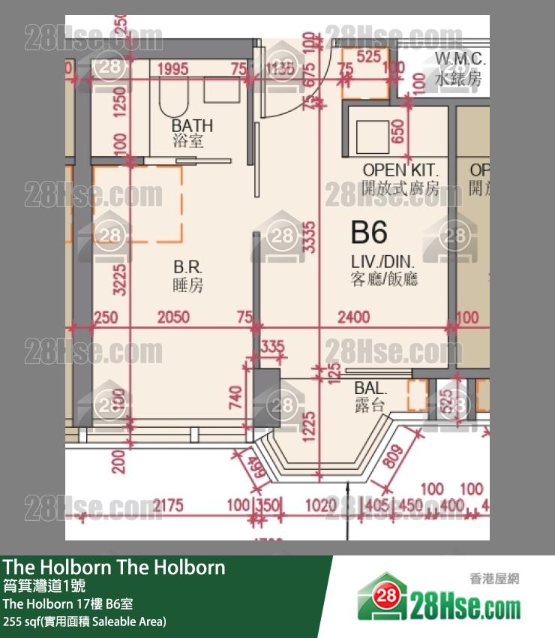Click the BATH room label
pyautogui.click(x=192, y=125)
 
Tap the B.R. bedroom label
pyautogui.click(x=187, y=268)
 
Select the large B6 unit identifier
pyautogui.click(x=369, y=233)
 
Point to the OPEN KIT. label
pyautogui.click(x=400, y=170)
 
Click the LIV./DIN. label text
pyautogui.click(x=384, y=263)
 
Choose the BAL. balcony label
pyautogui.click(x=370, y=389)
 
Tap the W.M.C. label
pyautogui.click(x=460, y=59)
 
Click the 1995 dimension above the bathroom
pyautogui.click(x=172, y=69)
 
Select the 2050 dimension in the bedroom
pyautogui.click(x=173, y=317)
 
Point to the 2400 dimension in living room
pyautogui.click(x=353, y=317)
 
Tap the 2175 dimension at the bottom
pyautogui.click(x=167, y=507)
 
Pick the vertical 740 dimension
pyautogui.click(x=235, y=395)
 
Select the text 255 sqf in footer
pyautogui.click(x=21, y=621)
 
